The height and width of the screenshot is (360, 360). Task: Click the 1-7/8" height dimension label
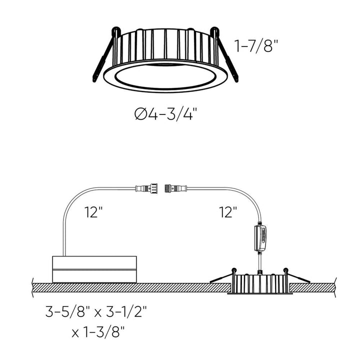click(x=256, y=47)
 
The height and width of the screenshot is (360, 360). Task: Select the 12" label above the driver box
click(x=93, y=212)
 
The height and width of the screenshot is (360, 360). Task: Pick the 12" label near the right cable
click(x=227, y=212)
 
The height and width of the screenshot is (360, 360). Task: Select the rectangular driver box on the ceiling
click(x=94, y=269)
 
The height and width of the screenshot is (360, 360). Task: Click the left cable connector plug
click(x=145, y=188)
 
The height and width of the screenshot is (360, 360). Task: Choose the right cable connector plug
click(x=175, y=188)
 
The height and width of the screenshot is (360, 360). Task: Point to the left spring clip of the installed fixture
click(x=222, y=277)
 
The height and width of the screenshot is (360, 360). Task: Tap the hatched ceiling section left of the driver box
click(x=40, y=287)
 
